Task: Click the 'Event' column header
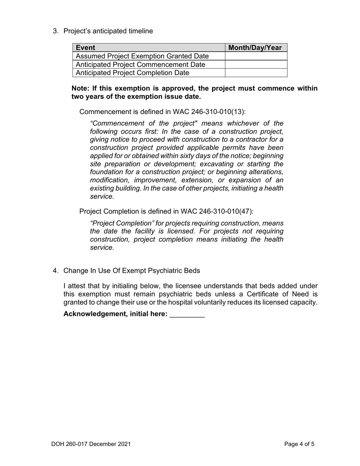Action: [86, 48]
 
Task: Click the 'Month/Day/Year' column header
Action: [256, 48]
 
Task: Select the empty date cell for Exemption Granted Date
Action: [256, 56]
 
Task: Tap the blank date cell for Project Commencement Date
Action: [256, 64]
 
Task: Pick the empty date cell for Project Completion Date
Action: [256, 73]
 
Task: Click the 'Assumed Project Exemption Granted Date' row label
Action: [142, 56]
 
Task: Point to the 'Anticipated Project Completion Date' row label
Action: [133, 73]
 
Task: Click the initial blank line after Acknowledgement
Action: [187, 314]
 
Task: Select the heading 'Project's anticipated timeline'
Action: [108, 31]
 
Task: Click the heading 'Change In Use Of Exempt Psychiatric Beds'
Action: [131, 271]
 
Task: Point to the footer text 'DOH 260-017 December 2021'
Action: [91, 444]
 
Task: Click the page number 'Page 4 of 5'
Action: [299, 444]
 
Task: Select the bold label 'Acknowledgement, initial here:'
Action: [116, 314]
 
